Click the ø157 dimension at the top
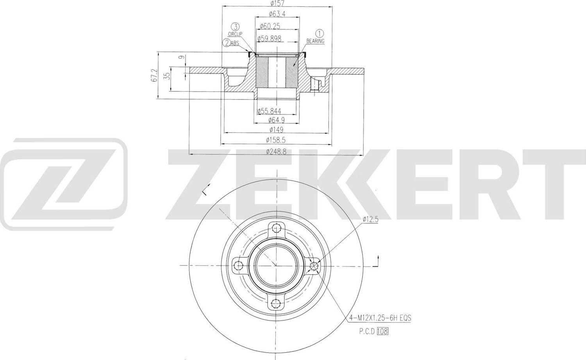tap(277, 4)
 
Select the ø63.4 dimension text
tap(277, 14)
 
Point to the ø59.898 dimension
tap(270, 38)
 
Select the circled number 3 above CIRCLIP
tap(235, 27)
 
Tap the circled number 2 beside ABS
tap(226, 43)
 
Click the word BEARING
tap(315, 41)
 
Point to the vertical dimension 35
tap(168, 76)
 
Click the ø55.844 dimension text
tap(269, 112)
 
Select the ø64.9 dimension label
tap(276, 120)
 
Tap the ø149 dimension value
tap(276, 130)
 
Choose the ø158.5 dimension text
tap(276, 140)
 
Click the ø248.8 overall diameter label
tap(276, 151)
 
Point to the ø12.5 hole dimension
tap(371, 220)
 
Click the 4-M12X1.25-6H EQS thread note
tap(380, 319)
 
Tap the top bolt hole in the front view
tap(277, 228)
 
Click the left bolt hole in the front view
tap(239, 266)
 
